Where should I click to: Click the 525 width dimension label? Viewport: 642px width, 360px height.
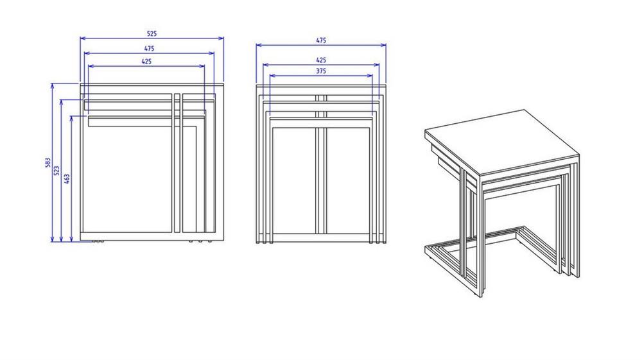click(152, 33)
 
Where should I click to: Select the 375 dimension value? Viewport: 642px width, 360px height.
click(321, 71)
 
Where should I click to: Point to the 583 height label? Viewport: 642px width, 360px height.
click(48, 162)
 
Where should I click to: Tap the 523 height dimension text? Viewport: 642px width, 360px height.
click(57, 171)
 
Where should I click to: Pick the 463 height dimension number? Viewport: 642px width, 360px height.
click(67, 179)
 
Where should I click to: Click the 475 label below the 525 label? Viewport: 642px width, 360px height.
click(149, 48)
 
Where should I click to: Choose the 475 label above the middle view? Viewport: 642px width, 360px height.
click(321, 40)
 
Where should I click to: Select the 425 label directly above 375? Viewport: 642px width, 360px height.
click(321, 60)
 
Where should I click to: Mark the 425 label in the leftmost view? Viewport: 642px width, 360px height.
click(146, 62)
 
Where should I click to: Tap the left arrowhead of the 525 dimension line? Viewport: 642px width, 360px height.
click(83, 39)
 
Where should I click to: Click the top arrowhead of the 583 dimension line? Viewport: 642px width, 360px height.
click(53, 86)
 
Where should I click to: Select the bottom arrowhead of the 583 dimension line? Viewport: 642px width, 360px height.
click(53, 239)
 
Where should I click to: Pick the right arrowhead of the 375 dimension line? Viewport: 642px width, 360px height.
click(370, 76)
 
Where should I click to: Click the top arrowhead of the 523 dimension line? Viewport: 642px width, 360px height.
click(62, 102)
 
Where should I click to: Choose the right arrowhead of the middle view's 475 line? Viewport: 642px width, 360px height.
click(384, 45)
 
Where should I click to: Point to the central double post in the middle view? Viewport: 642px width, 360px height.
click(321, 167)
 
